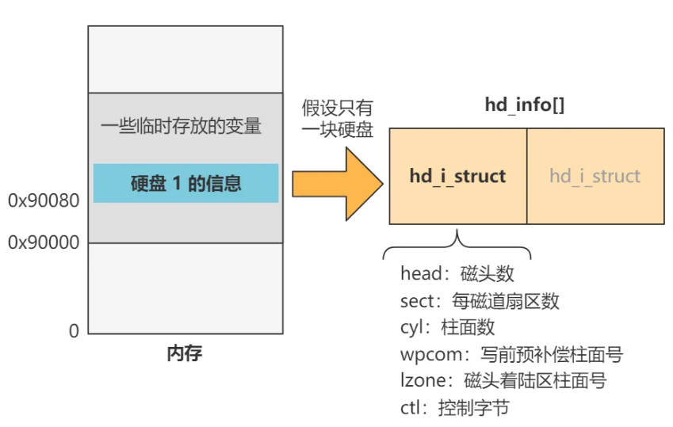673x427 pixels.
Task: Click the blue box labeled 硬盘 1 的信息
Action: click(x=185, y=183)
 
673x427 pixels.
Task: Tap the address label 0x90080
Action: click(x=44, y=201)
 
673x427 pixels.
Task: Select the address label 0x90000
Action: click(x=44, y=242)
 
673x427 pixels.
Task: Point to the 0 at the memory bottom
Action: click(x=74, y=331)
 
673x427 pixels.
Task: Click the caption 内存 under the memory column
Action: click(x=185, y=353)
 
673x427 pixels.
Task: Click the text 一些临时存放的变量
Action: click(x=182, y=126)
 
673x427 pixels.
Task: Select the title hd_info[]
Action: click(x=525, y=105)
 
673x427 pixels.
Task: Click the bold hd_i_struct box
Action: click(x=457, y=176)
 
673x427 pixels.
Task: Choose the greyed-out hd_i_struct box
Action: click(x=595, y=176)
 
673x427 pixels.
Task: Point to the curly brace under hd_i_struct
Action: click(x=457, y=246)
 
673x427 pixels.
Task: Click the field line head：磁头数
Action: click(x=457, y=273)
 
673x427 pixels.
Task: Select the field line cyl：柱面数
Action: click(x=448, y=327)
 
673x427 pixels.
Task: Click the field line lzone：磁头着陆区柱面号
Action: click(x=503, y=381)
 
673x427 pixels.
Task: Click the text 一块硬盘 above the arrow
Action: click(x=337, y=131)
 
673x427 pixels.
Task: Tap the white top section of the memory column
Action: click(x=185, y=59)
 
